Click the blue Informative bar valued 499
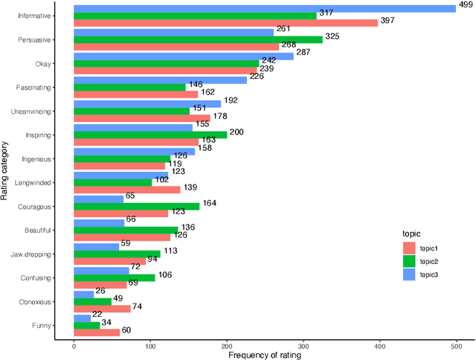point(264,8)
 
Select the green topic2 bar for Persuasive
point(198,39)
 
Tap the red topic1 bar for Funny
point(96,332)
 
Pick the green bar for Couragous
point(136,206)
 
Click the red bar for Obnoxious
point(102,308)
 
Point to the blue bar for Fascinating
point(160,80)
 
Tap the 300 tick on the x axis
point(303,347)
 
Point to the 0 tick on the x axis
point(74,347)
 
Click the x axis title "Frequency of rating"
point(265,356)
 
